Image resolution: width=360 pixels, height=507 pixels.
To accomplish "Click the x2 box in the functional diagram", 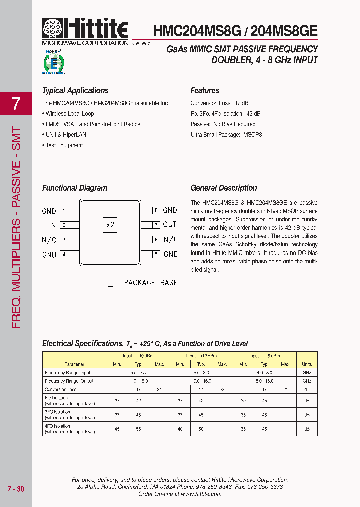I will [110, 225].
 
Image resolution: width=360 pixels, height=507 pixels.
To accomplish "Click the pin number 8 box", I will [156, 211].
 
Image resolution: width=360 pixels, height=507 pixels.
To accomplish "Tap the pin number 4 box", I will [64, 255].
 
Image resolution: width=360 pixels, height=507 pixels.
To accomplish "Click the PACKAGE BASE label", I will [150, 283].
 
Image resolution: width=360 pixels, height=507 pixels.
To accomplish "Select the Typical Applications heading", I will [75, 91].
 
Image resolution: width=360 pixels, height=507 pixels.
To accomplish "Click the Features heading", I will [205, 91].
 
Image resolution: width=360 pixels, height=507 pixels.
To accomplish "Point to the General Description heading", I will [224, 188].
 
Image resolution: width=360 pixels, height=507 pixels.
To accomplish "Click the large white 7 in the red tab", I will [16, 104].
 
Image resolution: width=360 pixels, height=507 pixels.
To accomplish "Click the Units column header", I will [307, 364].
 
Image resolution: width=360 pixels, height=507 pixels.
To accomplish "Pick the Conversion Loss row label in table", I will [61, 389].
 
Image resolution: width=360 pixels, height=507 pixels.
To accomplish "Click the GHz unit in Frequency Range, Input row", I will [307, 373].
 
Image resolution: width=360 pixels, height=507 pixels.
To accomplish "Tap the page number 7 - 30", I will [15, 489].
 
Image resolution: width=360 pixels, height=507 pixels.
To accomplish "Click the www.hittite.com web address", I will [201, 494].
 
